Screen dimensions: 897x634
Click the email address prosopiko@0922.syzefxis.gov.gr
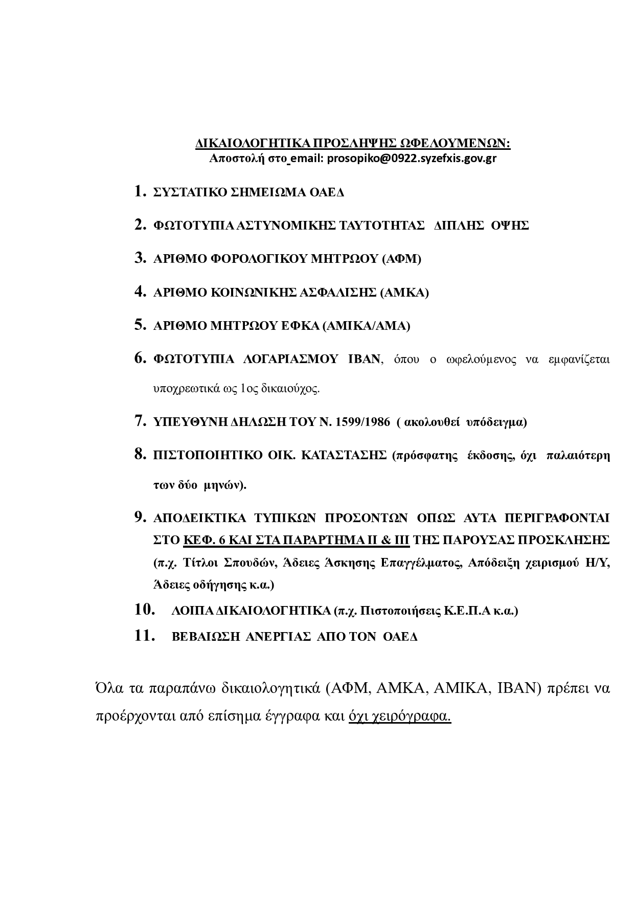(412, 159)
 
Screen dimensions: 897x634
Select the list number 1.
(140, 192)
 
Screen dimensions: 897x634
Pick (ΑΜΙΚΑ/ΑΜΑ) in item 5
(366, 326)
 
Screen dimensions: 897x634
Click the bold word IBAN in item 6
(364, 359)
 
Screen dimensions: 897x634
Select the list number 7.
(140, 422)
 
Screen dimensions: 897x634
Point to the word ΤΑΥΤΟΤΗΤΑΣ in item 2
(382, 226)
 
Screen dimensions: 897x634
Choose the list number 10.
(145, 610)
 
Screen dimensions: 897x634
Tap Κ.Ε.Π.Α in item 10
(467, 611)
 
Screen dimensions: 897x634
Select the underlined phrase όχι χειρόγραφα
(400, 716)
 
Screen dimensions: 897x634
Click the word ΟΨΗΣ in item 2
(509, 226)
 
